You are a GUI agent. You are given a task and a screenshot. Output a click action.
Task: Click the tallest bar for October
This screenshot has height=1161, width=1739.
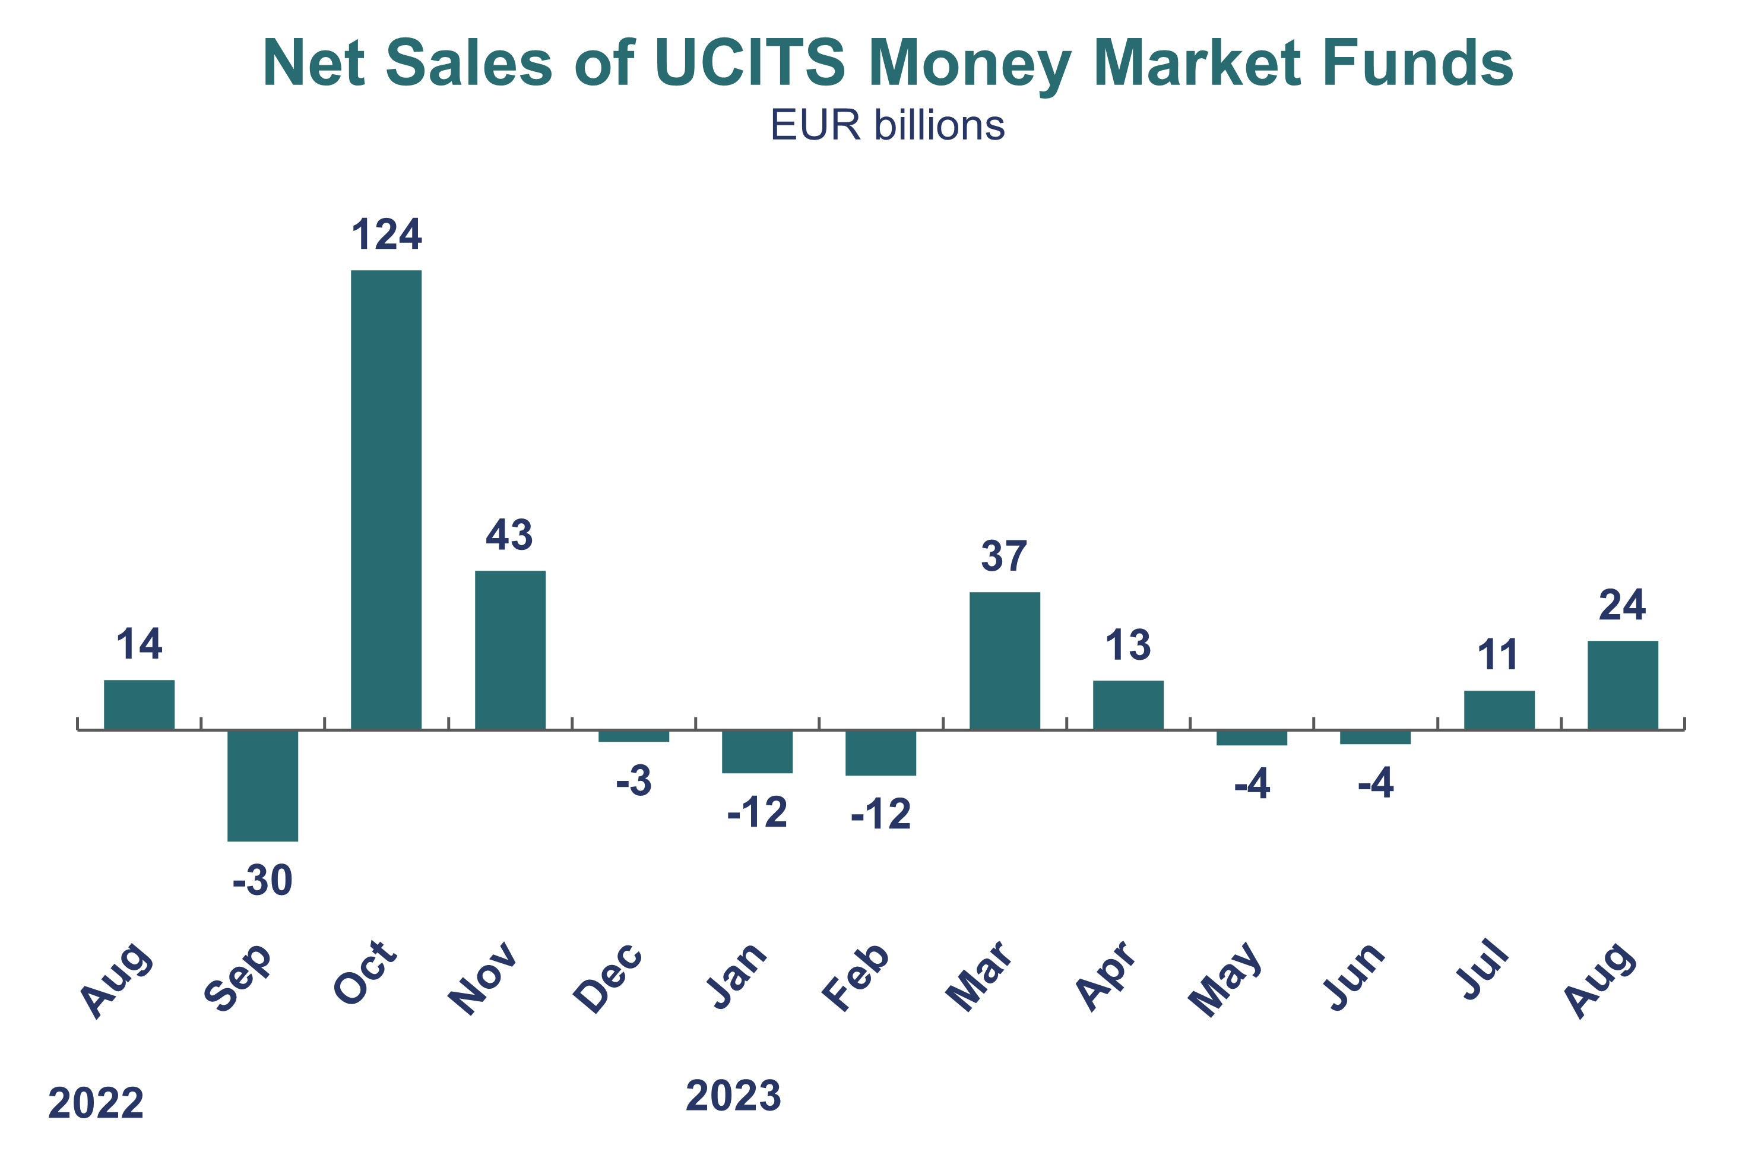[386, 500]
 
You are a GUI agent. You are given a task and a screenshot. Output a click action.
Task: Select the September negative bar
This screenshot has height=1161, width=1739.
[263, 786]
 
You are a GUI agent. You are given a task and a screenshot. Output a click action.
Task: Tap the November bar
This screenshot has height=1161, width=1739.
[510, 650]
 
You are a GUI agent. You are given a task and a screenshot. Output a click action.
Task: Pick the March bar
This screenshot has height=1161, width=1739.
[1005, 660]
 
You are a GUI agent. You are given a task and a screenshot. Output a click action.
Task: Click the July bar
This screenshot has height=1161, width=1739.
[1499, 710]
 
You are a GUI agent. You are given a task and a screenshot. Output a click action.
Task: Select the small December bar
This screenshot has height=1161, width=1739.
[633, 736]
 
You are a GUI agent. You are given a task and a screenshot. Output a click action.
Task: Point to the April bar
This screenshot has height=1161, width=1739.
[1128, 705]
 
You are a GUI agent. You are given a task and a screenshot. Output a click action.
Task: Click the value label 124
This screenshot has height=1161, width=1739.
[386, 235]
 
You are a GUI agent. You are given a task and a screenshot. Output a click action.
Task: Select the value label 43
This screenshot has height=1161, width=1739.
[509, 535]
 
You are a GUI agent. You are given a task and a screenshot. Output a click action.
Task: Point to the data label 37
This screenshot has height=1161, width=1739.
[1004, 557]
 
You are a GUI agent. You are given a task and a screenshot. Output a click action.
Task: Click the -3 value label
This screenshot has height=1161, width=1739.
[633, 781]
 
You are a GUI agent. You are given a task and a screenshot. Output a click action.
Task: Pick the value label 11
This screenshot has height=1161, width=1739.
[1498, 655]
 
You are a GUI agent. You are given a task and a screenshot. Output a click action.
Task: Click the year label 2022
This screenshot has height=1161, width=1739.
[96, 1103]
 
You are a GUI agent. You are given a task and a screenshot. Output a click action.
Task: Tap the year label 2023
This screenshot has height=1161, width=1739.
[733, 1096]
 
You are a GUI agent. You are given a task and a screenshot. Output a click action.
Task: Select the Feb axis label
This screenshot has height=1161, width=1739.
[857, 977]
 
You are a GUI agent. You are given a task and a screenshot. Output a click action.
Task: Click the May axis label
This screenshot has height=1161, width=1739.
[1226, 978]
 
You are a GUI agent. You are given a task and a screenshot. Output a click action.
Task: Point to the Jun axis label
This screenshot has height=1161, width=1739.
[1354, 977]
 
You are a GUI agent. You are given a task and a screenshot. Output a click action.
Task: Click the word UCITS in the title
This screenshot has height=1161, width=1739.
[749, 63]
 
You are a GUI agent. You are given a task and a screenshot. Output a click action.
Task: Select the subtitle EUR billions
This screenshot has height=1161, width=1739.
[888, 125]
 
